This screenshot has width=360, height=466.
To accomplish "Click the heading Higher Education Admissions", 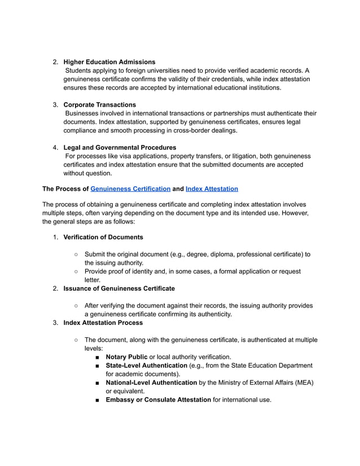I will coord(109,61).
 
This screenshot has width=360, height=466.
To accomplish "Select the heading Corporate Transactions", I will coord(99,104).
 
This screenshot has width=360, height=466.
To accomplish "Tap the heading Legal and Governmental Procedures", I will coord(120,147).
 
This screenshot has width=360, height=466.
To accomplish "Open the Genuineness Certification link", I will coord(130,189).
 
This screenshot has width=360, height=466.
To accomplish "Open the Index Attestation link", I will coord(212,189).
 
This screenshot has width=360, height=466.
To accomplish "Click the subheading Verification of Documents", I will coord(103,237).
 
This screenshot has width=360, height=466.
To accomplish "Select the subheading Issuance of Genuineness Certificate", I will coord(119,288).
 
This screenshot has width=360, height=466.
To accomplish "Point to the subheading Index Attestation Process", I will coord(103,323).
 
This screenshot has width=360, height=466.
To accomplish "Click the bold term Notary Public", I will coord(126,357).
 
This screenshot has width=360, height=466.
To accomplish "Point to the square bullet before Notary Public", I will coord(98,357).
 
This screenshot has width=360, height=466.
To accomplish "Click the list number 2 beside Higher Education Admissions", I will coord(55,61).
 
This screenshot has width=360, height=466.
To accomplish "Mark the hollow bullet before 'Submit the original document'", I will coord(76,254).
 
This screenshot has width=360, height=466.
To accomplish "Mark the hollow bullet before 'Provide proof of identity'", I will coord(76,271).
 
